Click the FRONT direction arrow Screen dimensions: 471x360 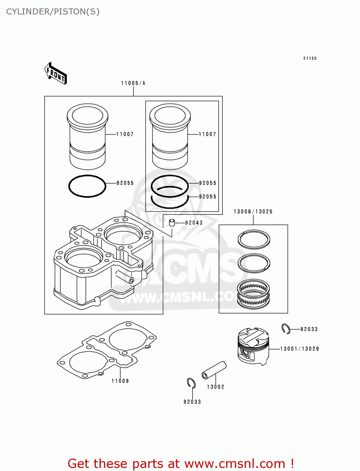[56, 73]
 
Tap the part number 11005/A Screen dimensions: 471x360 [133, 83]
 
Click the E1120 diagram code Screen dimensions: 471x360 [310, 58]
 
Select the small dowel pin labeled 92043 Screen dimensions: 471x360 [172, 223]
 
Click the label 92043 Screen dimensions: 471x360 [194, 223]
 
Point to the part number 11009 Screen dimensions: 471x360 [120, 381]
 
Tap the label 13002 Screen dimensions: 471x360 [215, 387]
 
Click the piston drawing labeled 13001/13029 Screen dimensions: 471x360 [253, 346]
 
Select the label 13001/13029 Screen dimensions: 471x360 [299, 349]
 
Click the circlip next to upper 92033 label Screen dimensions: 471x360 [286, 328]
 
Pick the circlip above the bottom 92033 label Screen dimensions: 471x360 [191, 383]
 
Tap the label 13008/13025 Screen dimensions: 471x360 [253, 212]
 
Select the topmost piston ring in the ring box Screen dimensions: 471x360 [254, 239]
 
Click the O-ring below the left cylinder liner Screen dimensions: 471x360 [87, 186]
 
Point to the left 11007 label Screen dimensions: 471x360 [125, 134]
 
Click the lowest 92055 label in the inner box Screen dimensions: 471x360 [208, 197]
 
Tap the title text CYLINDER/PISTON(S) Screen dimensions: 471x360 [53, 12]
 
